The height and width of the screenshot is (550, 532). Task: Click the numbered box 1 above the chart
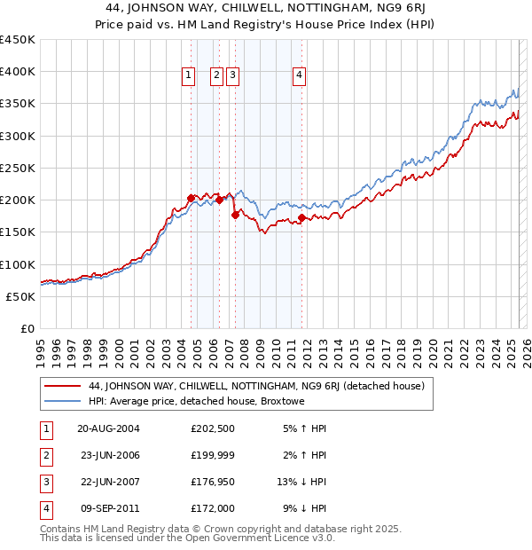(x=189, y=76)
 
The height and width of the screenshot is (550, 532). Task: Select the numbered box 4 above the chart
(x=301, y=76)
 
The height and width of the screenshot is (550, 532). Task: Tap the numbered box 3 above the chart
(x=232, y=76)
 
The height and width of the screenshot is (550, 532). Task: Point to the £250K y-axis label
(x=18, y=168)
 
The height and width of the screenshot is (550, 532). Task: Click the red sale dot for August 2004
(x=191, y=198)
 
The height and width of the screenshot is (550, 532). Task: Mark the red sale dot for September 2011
(x=302, y=217)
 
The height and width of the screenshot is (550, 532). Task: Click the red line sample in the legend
(x=61, y=386)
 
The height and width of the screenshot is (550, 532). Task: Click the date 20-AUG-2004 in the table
(x=109, y=428)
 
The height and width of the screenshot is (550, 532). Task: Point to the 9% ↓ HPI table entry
(x=304, y=508)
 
